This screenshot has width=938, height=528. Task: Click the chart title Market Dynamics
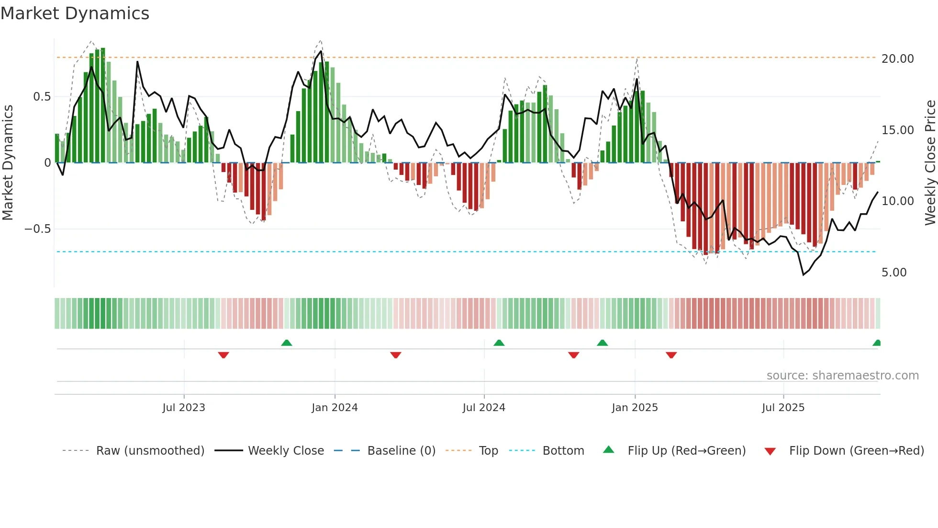tap(75, 13)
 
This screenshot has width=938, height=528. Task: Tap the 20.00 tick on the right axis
tap(897, 58)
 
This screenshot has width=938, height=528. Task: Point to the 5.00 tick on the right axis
tap(894, 272)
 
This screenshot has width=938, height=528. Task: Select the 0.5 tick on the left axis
tap(42, 96)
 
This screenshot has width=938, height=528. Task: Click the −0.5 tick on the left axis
tap(37, 229)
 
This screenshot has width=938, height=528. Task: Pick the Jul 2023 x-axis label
tap(184, 407)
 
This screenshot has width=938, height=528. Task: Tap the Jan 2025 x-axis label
tap(635, 407)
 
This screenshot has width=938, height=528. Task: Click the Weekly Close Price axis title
tap(930, 162)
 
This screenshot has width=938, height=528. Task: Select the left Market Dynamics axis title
tap(8, 162)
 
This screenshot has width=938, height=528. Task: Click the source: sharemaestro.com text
tap(842, 375)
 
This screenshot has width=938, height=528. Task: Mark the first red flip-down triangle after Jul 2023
tap(223, 355)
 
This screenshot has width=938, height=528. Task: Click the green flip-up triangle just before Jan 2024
tap(287, 343)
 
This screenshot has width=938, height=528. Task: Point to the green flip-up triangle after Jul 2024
tap(499, 343)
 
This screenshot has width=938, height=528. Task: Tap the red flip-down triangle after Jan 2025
tap(671, 355)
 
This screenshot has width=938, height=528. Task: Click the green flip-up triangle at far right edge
tap(877, 343)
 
